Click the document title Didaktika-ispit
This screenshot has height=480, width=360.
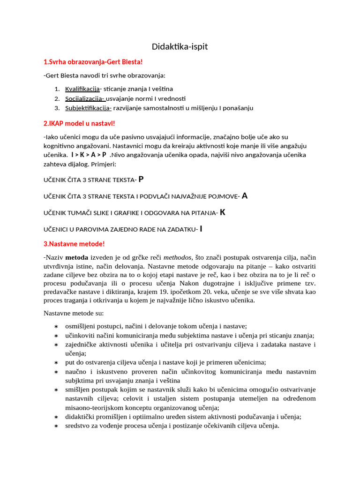point(180,46)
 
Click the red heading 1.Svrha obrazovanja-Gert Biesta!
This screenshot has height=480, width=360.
point(93,62)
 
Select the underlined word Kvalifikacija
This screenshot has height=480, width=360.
point(82,89)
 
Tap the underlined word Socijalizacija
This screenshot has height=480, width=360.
point(84,98)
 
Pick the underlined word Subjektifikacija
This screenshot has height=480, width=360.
point(88,108)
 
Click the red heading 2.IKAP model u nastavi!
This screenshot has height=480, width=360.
point(79,123)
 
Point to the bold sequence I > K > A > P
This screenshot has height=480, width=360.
point(89,155)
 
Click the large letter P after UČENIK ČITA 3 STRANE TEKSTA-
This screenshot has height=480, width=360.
point(141,179)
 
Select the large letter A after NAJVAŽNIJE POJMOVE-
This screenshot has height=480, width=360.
point(244,196)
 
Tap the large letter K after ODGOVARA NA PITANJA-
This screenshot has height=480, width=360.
point(223,212)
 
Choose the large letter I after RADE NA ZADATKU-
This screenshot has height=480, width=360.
point(201,229)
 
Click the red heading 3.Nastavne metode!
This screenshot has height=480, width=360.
point(74,244)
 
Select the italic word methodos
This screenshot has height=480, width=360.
point(178,257)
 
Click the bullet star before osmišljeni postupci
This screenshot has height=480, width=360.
point(56,326)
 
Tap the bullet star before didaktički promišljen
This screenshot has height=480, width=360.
point(56,417)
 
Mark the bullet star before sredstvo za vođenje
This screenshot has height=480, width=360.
point(56,426)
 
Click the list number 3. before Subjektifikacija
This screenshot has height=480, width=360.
point(56,108)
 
